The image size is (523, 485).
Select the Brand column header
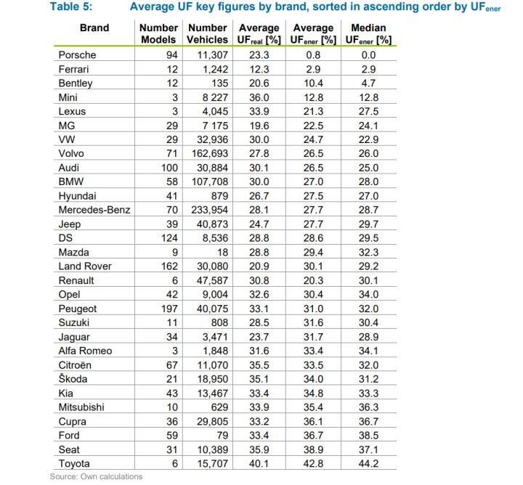94,28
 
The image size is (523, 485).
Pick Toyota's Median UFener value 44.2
370,463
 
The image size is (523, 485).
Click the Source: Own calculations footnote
96,476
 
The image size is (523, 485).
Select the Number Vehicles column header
208,33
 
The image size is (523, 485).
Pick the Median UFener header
370,33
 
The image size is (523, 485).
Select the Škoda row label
74,379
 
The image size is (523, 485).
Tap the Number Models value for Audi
155,168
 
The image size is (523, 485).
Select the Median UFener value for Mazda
370,252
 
